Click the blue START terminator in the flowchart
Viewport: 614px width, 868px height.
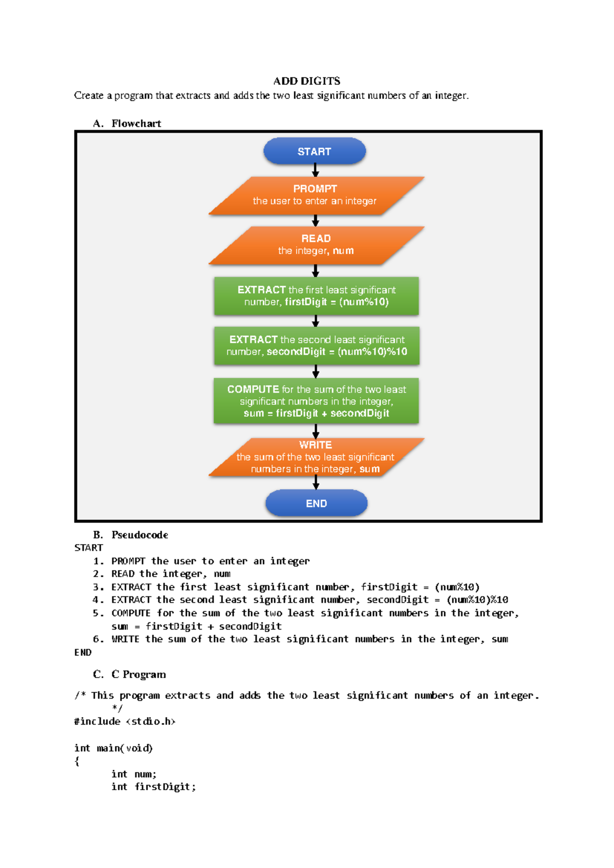[315, 151]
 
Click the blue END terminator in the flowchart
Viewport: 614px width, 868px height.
[316, 503]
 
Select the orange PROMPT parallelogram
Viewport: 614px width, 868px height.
[316, 196]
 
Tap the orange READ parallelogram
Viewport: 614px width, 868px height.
[316, 245]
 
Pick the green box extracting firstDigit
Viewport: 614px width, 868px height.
[316, 296]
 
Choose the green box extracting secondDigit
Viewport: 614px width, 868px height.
[316, 345]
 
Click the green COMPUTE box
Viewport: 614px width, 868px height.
[316, 401]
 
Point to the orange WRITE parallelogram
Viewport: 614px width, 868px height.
[316, 457]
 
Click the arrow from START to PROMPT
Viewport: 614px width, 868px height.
[315, 170]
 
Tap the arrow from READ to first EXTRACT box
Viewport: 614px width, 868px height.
[315, 270]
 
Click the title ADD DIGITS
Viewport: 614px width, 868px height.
[307, 81]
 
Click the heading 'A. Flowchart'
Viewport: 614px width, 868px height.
[127, 123]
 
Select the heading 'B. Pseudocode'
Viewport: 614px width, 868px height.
[130, 535]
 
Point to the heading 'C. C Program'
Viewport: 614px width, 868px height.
[129, 674]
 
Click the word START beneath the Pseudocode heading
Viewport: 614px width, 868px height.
[89, 548]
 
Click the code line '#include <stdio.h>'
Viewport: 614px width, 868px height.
[125, 721]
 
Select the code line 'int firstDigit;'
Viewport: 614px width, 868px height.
[154, 787]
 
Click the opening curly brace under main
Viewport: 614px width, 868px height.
[77, 762]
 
